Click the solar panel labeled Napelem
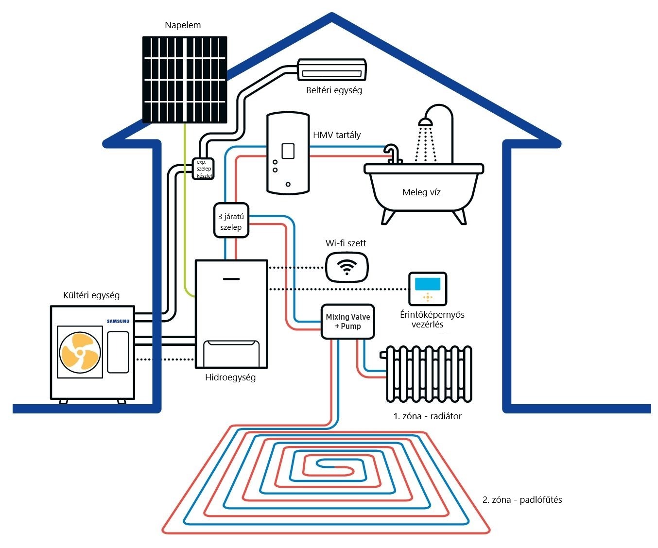pos(185,79)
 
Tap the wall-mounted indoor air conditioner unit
pos(332,69)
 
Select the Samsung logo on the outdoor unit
pos(118,321)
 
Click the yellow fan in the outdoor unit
pos(80,352)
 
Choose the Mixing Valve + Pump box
pos(348,321)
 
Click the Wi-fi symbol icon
pos(347,267)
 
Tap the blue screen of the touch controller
pos(428,284)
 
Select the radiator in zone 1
pos(429,374)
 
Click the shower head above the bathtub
pos(426,121)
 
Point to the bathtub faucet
pos(393,153)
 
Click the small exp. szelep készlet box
pos(204,169)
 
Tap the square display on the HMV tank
pos(288,151)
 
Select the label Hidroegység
pos(230,377)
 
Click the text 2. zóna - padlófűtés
pos(522,500)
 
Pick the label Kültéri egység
pos(91,295)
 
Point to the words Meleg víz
pos(421,192)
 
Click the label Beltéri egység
pos(334,90)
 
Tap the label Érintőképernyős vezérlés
pos(432,320)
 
